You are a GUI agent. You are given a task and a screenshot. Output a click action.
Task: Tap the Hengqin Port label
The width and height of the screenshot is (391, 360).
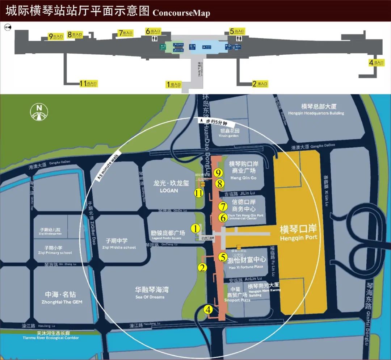point(299,233)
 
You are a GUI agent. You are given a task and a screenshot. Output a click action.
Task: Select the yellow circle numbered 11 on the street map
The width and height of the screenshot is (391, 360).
point(198,193)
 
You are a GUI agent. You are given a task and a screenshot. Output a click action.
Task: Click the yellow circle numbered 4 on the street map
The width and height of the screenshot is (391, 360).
point(208,310)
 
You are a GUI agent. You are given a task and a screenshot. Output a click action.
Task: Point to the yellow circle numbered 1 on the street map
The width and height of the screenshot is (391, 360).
point(195,229)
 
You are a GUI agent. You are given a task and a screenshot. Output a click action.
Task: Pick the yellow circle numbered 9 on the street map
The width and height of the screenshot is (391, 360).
point(218,173)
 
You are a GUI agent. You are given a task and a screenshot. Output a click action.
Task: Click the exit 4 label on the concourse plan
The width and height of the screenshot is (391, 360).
point(377,63)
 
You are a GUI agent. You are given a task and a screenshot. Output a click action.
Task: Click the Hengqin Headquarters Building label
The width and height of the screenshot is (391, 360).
point(316,109)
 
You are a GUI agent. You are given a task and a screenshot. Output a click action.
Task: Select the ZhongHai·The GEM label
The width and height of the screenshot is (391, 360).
point(62,297)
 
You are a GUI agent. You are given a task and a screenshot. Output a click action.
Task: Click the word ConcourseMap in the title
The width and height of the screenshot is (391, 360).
point(181,13)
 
